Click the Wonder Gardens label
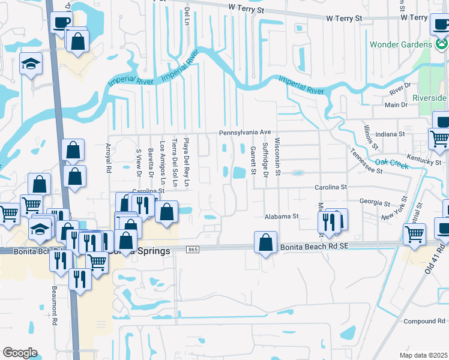tap(400, 45)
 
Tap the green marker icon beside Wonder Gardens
tap(441, 43)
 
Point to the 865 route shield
tap(193, 248)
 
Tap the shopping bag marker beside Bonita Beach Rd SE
tap(265, 242)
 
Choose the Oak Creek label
tap(391, 162)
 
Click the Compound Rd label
tap(424, 322)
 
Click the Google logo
tap(20, 353)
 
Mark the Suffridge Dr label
tap(265, 159)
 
